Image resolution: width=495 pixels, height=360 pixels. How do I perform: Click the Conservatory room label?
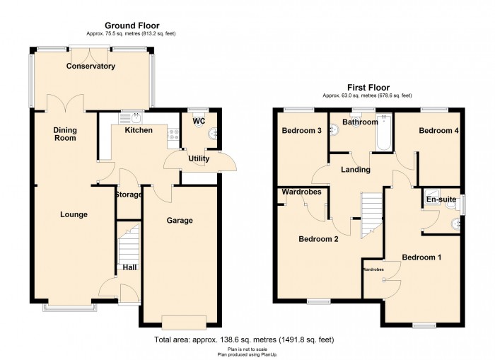point(91,66)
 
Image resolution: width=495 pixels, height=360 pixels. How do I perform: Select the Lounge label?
point(74,214)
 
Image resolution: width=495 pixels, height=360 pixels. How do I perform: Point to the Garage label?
point(180,221)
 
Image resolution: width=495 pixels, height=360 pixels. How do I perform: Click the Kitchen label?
point(139,130)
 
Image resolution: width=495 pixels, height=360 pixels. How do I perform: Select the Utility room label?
point(199,159)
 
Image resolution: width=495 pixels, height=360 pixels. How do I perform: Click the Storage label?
point(129,194)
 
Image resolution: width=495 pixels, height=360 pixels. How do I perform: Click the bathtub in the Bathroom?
point(383,133)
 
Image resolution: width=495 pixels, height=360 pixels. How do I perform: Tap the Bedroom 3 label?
point(302,131)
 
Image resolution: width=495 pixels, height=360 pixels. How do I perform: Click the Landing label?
point(355,170)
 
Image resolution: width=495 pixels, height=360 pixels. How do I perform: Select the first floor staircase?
point(371,216)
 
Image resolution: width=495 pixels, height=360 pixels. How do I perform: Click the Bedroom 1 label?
point(421,257)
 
